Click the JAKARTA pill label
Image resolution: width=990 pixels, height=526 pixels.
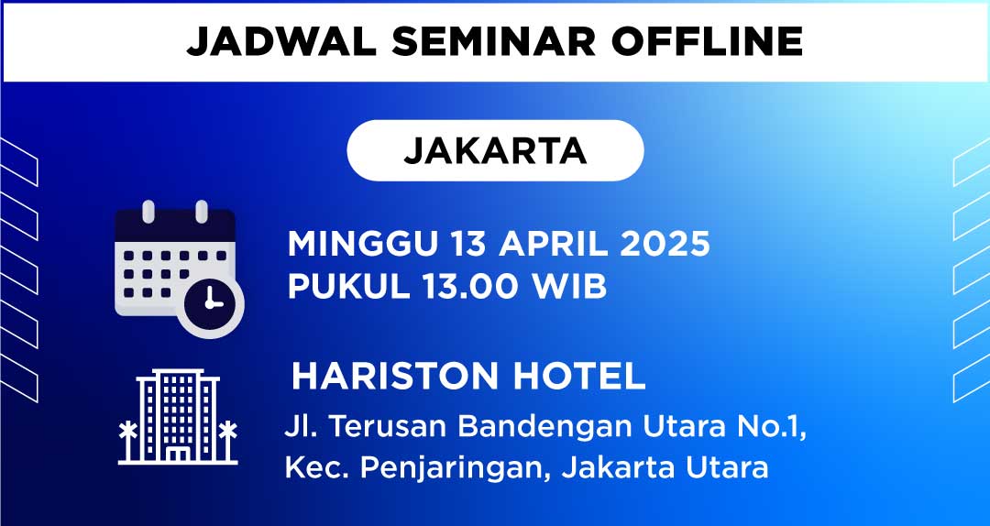(495, 150)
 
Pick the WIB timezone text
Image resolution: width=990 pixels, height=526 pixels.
(570, 288)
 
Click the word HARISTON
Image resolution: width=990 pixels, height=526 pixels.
(395, 377)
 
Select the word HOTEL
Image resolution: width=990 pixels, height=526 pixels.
(579, 377)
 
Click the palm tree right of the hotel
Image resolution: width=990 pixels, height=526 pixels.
(227, 441)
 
